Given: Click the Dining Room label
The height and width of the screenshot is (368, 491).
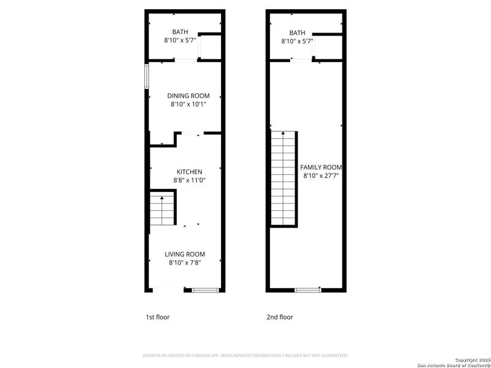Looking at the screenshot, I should [188, 96].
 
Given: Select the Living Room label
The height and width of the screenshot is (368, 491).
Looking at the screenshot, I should [185, 254].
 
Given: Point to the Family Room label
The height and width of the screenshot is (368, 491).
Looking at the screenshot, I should [320, 167].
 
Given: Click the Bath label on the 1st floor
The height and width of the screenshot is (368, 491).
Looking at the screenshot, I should [180, 32].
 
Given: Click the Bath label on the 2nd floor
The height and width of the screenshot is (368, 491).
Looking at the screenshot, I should [297, 33].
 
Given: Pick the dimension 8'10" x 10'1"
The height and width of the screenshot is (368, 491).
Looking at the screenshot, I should [188, 104].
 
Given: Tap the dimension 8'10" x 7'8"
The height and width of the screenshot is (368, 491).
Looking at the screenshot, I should [185, 263].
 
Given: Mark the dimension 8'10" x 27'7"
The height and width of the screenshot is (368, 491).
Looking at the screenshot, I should [322, 175].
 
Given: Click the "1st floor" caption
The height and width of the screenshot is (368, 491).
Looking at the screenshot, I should [157, 317].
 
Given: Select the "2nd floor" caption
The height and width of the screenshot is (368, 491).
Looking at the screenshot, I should [280, 317].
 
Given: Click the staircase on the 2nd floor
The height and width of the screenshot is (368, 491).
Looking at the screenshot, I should [284, 178].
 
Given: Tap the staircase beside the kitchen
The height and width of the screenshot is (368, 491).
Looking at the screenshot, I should [163, 209].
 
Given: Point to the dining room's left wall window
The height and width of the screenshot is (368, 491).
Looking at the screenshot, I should [147, 77].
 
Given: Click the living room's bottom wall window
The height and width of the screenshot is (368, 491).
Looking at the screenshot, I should [202, 289].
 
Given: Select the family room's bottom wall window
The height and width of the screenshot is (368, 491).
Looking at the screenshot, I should [307, 289].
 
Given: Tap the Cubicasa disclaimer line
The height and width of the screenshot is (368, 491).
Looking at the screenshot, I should [245, 355].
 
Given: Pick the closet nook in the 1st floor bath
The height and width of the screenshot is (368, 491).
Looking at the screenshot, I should [209, 47].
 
